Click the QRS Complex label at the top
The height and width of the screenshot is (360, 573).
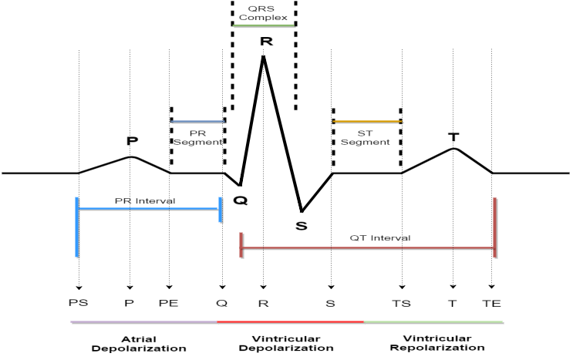tap(263, 13)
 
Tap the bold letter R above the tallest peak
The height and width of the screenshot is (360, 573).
tap(266, 42)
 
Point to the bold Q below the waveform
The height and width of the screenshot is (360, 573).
tap(240, 200)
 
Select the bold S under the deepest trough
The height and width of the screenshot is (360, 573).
tap(302, 226)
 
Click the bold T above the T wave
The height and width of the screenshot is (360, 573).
tap(453, 137)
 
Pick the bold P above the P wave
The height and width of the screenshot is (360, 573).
tap(132, 140)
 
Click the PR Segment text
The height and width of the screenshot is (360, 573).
tap(197, 138)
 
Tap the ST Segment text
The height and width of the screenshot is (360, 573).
tap(365, 138)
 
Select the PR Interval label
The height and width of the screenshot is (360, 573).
tap(145, 200)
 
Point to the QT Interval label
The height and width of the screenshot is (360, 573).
tap(380, 238)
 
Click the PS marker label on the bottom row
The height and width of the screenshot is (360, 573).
tap(78, 303)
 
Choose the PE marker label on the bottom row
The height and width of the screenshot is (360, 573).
tap(168, 303)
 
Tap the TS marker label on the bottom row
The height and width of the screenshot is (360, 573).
tap(401, 304)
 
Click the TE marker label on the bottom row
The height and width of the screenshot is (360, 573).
tap(491, 304)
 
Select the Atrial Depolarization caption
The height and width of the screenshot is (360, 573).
tap(139, 344)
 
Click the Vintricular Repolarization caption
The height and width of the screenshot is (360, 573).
tap(437, 343)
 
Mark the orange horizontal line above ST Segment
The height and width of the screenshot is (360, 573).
tap(367, 121)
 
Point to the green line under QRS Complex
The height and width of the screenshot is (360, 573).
tap(264, 25)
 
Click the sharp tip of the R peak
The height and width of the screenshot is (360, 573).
tap(263, 56)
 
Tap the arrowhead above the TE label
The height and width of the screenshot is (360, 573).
tap(491, 287)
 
